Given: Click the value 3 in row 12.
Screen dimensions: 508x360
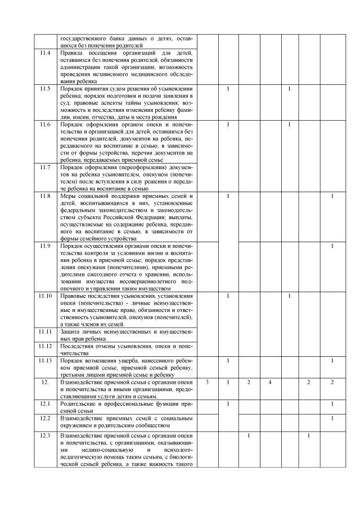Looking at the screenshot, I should [208, 382].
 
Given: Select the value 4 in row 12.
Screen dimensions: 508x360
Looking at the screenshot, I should [270, 382].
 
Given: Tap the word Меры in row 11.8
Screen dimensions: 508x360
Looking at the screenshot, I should [68, 196].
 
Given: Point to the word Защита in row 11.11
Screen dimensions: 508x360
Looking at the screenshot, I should [70, 332].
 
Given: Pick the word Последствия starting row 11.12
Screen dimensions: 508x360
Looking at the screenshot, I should [76, 346].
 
